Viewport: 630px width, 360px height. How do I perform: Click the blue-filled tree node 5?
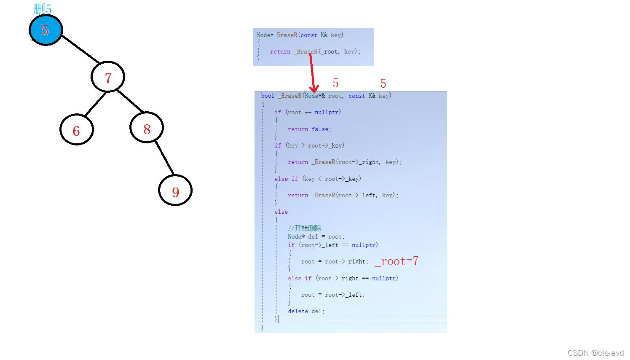click(46, 30)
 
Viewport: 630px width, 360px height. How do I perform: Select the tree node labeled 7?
click(108, 77)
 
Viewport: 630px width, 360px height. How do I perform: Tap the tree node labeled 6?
click(76, 130)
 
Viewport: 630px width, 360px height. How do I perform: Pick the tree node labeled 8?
click(147, 128)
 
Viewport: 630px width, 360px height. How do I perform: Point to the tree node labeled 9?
click(175, 191)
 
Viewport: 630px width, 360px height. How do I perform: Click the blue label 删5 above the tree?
click(42, 8)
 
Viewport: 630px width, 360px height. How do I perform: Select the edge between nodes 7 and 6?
click(95, 104)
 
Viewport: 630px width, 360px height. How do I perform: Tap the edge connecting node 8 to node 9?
click(164, 158)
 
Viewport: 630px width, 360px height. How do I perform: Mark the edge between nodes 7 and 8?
click(130, 101)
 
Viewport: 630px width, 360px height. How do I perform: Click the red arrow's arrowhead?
click(314, 89)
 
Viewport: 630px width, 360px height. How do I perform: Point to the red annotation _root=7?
click(396, 261)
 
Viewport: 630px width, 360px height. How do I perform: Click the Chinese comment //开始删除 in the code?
click(305, 228)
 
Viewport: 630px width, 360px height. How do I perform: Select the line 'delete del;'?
click(306, 311)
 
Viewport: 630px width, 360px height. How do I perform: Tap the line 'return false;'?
click(309, 129)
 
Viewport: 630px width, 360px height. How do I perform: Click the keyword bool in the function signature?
click(268, 96)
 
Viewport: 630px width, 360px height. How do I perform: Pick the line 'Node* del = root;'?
click(316, 236)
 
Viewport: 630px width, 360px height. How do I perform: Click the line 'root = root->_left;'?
click(333, 295)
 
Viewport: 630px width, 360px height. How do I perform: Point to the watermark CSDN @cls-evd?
click(595, 353)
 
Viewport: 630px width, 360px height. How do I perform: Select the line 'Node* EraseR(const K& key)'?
click(300, 35)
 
